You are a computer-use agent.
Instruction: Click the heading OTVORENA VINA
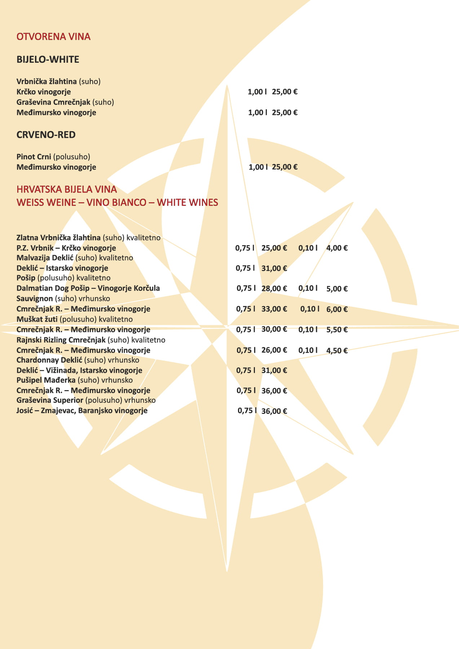click(x=53, y=37)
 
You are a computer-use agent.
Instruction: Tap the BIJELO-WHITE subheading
click(x=48, y=59)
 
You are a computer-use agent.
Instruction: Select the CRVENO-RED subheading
click(x=46, y=135)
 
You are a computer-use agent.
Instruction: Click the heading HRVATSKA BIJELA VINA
click(x=67, y=190)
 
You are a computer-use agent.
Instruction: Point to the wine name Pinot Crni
click(x=34, y=157)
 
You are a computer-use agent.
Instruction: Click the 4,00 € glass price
click(x=337, y=248)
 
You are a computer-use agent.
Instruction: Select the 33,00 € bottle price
click(x=274, y=309)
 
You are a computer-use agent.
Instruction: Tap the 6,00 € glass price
click(x=337, y=309)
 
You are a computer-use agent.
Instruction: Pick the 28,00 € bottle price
click(x=274, y=288)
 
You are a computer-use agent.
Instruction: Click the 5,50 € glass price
click(x=337, y=330)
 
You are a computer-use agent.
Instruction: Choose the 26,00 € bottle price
click(x=274, y=350)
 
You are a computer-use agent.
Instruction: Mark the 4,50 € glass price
click(x=337, y=350)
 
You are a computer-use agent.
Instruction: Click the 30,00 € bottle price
click(x=274, y=329)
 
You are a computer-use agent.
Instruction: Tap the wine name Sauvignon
click(x=35, y=299)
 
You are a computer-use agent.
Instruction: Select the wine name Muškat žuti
click(x=37, y=319)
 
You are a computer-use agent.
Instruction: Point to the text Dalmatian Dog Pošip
click(x=53, y=288)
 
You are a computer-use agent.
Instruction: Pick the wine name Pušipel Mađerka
click(x=46, y=380)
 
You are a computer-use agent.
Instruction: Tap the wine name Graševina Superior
click(x=50, y=400)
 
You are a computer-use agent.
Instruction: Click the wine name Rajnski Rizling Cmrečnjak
click(x=61, y=340)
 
